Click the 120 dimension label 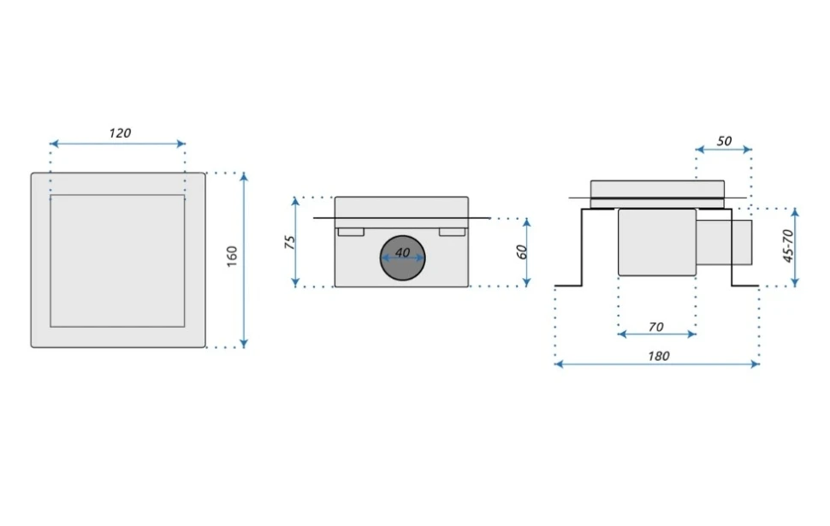(120, 133)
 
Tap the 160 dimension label (232, 257)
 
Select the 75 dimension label (289, 242)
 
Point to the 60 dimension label (522, 251)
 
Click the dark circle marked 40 (403, 257)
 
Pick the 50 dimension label (724, 141)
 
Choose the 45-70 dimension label (788, 246)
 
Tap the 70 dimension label (655, 327)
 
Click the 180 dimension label (659, 356)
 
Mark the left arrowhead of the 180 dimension (558, 364)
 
